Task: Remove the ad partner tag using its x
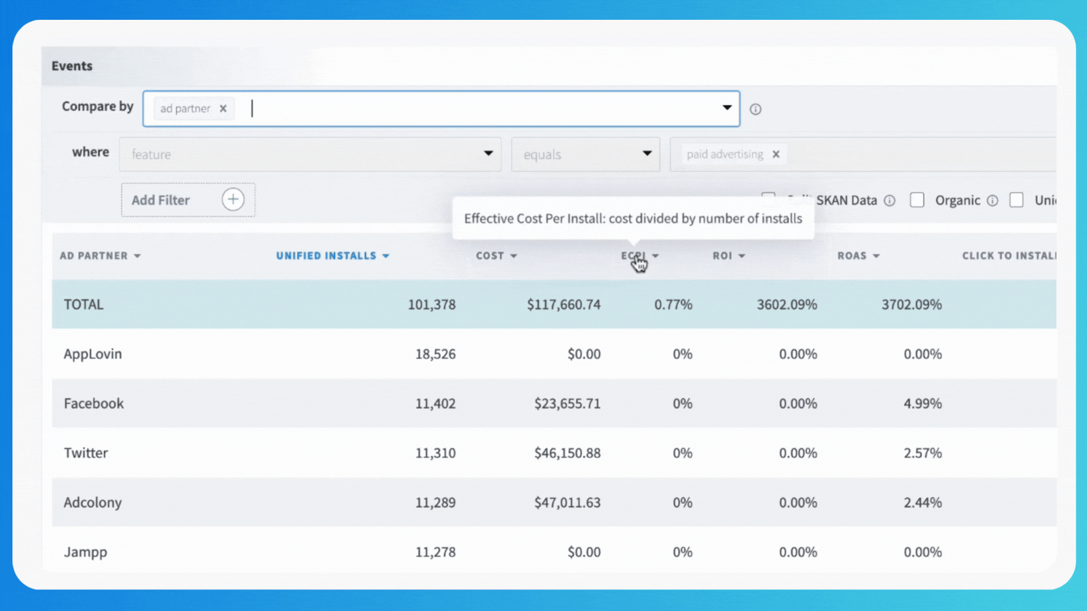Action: pos(223,109)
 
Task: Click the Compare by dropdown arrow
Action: pos(727,108)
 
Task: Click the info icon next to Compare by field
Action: pos(755,109)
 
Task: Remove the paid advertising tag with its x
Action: pos(776,154)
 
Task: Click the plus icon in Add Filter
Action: pos(233,200)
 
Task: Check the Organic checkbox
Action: pos(917,200)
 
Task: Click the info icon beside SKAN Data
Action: pos(889,200)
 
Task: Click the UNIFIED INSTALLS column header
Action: pos(326,256)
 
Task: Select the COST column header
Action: pos(490,256)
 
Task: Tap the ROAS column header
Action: pos(852,256)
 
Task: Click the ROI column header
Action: pos(722,256)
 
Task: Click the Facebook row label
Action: pos(93,403)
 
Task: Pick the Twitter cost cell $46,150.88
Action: pos(567,453)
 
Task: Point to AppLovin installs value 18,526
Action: pos(435,354)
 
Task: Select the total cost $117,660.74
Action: pos(563,304)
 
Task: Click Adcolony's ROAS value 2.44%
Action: pos(922,502)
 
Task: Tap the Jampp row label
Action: pos(85,552)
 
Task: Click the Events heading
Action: pos(72,66)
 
